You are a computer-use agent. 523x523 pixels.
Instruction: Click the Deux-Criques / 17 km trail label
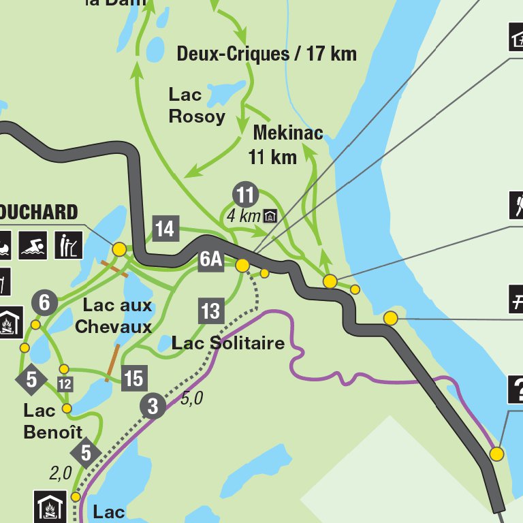click(x=266, y=54)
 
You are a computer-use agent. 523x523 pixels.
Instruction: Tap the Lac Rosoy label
click(x=197, y=105)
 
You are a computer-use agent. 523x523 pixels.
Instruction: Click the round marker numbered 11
click(x=245, y=195)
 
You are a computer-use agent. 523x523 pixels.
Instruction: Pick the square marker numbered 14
click(x=165, y=229)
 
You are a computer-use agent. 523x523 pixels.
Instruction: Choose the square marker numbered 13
click(x=210, y=311)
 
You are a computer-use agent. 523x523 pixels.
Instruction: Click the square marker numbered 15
click(x=133, y=377)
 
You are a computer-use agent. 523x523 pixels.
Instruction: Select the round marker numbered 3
click(x=153, y=407)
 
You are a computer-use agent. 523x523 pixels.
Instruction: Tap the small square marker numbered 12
click(x=65, y=384)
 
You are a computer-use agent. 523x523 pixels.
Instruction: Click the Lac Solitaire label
click(x=227, y=343)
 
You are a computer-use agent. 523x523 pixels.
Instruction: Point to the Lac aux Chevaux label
click(x=113, y=316)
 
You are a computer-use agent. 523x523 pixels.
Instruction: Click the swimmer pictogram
click(x=33, y=245)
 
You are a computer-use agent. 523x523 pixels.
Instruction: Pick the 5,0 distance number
click(x=192, y=398)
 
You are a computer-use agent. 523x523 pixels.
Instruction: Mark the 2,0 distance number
click(x=61, y=473)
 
